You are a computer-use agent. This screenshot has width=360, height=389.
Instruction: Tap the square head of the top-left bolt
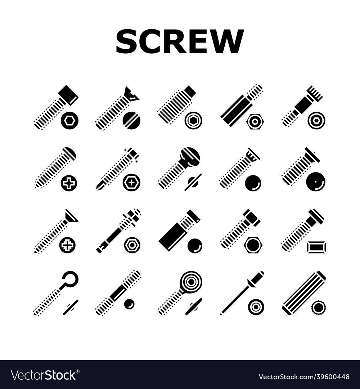(68, 95)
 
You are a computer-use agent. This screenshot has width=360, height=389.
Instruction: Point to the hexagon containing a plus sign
(131, 183)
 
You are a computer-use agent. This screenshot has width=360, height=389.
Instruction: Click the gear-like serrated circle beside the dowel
(319, 307)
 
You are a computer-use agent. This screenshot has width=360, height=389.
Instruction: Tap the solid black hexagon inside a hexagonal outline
(253, 245)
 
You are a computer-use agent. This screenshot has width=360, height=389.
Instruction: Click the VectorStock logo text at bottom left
(43, 375)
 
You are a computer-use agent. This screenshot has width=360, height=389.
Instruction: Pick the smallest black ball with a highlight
(129, 305)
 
